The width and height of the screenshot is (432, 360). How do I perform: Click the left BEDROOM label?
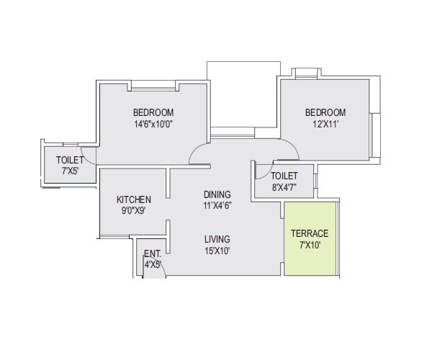153,112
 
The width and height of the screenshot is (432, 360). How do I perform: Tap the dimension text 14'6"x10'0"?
153,124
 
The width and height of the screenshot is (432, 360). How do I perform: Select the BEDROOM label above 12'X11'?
325,112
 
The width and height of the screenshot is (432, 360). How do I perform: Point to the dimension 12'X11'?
325,124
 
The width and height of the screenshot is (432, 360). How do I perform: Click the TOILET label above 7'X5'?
71,160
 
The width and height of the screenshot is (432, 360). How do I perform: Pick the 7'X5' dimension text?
71,171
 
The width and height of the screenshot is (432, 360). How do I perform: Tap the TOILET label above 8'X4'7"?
284,176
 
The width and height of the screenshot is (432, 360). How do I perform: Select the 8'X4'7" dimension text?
284,187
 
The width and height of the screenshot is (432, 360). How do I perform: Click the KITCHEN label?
134,199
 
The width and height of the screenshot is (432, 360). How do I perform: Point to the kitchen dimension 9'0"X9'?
134,211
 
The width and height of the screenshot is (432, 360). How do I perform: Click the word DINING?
217,194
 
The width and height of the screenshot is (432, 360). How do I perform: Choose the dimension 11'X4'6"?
217,206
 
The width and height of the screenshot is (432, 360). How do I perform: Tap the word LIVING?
217,239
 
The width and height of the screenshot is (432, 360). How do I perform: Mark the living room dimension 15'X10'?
217,251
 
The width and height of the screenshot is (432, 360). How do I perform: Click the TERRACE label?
310,233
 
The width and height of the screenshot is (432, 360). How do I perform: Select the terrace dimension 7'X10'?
310,245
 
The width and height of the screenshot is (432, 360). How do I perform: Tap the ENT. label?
152,253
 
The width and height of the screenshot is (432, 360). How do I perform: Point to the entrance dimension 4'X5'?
152,264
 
